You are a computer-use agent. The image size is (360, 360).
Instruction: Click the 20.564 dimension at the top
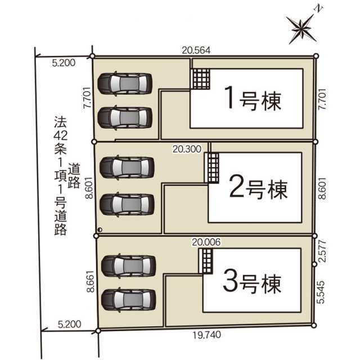[x=196, y=49]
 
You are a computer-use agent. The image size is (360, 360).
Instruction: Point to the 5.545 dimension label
[x=322, y=293]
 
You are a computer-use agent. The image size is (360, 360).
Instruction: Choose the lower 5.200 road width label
[x=69, y=324]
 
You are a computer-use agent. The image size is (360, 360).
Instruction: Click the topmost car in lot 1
[x=124, y=84]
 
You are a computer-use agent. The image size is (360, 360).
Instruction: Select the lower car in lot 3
[x=128, y=299]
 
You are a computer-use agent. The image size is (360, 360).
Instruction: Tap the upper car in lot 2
[x=127, y=167]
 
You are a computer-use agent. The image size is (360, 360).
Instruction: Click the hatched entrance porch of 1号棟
[x=201, y=78]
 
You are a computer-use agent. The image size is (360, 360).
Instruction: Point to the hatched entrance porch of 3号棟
[x=206, y=260]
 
